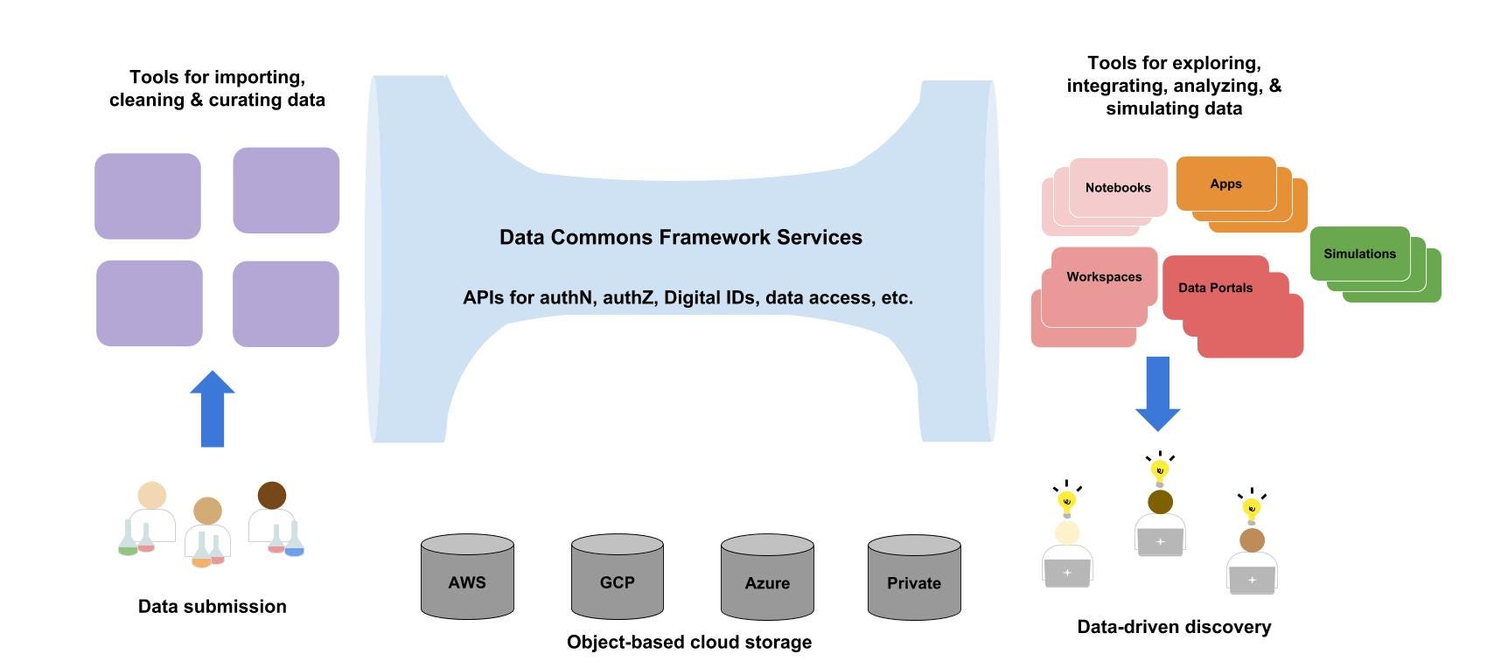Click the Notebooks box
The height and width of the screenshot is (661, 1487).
(x=1118, y=187)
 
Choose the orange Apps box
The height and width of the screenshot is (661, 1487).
(x=1225, y=184)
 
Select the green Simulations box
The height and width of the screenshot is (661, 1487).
(x=1359, y=254)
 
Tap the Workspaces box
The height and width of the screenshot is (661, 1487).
(x=1104, y=277)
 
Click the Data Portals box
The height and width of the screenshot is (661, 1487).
(x=1215, y=288)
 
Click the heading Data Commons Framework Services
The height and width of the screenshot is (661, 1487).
(x=681, y=237)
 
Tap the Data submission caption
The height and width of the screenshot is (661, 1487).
(x=213, y=606)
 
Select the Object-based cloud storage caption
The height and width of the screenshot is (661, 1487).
(x=689, y=642)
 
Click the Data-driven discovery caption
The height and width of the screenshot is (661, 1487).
(x=1174, y=626)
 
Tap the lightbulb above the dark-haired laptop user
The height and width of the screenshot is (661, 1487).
(x=1160, y=471)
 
